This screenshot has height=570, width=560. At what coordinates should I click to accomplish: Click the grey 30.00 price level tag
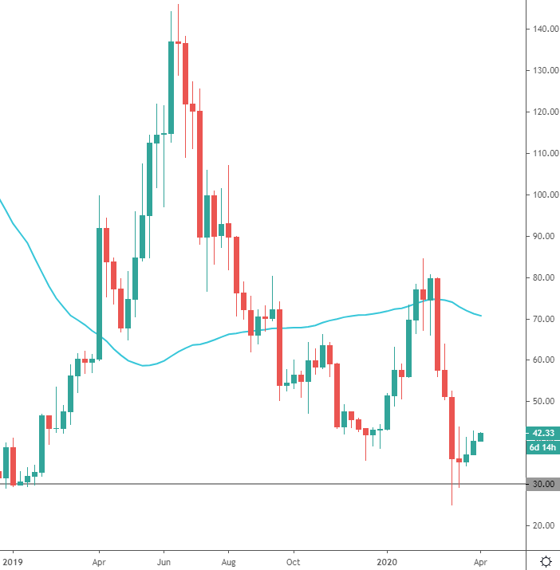pos(542,484)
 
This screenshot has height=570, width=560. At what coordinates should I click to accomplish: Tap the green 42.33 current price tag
pos(542,433)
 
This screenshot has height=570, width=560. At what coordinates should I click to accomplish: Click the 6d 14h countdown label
pos(542,447)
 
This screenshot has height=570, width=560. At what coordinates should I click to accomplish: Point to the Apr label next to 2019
pos(99,560)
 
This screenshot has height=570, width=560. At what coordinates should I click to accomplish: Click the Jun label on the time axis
pos(164,560)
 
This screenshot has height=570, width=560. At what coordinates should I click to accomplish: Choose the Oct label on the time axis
pos(293,560)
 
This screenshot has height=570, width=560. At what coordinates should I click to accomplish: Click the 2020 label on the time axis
pos(388,560)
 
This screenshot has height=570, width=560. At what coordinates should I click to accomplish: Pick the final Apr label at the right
pos(480,560)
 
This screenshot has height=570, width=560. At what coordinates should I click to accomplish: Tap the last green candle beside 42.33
pos(480,437)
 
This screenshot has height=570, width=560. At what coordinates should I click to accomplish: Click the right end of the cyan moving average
pos(480,316)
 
